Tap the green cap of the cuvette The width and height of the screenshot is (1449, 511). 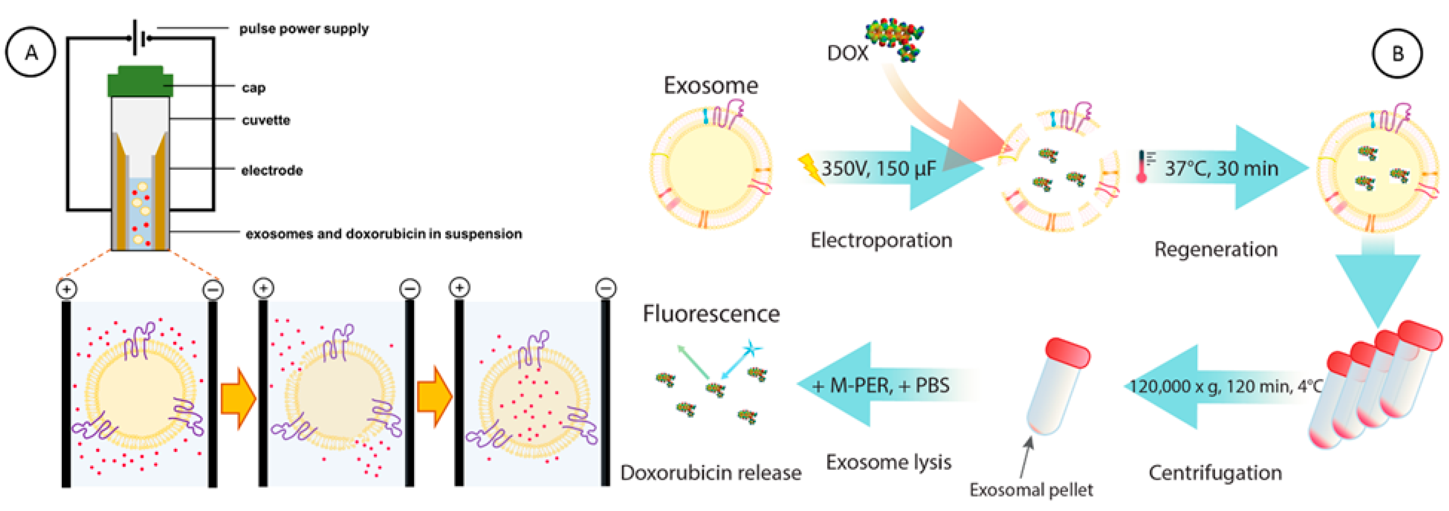(x=140, y=82)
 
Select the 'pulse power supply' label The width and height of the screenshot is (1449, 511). (x=304, y=29)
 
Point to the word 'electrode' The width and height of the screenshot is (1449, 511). (x=272, y=170)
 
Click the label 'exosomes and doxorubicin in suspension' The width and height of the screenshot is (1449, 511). (x=383, y=233)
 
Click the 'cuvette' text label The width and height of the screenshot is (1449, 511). (x=266, y=120)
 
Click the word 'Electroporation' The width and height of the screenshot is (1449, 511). (x=881, y=240)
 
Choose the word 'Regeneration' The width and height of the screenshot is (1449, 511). (x=1215, y=249)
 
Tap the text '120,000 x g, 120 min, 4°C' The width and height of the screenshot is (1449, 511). (x=1226, y=386)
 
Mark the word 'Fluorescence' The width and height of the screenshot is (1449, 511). (x=711, y=314)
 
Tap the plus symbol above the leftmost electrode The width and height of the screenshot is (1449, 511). (x=66, y=289)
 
